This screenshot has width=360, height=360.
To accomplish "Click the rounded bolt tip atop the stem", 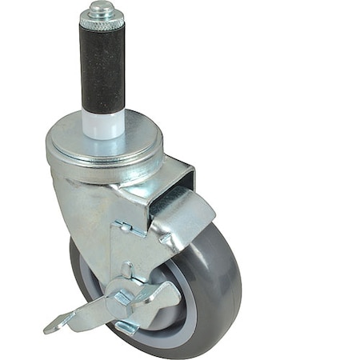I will click(101, 9).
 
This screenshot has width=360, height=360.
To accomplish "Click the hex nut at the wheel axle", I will click(122, 298).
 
